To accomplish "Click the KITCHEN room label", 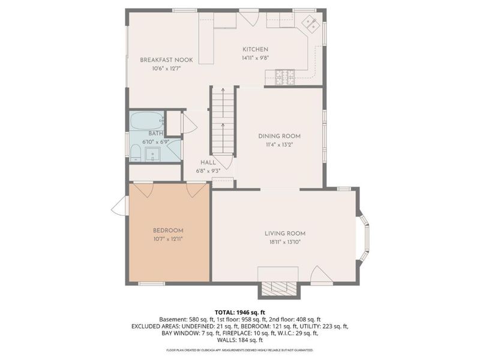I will click(x=255, y=49).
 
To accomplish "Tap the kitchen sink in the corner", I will click(x=310, y=25).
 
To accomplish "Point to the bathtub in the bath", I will click(x=148, y=121).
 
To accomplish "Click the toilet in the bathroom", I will click(x=136, y=152).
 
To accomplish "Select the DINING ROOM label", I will click(x=279, y=136).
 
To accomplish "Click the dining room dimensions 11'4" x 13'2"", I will click(x=279, y=145).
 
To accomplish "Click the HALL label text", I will click(x=208, y=162).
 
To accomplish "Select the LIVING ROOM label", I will click(x=285, y=233).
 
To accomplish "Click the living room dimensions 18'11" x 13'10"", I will click(x=285, y=242).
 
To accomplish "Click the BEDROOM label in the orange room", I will click(x=168, y=230).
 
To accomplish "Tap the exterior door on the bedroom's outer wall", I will click(x=119, y=208).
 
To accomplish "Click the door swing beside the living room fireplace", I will click(x=320, y=275).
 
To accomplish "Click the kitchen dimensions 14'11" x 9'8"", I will click(x=255, y=58).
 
